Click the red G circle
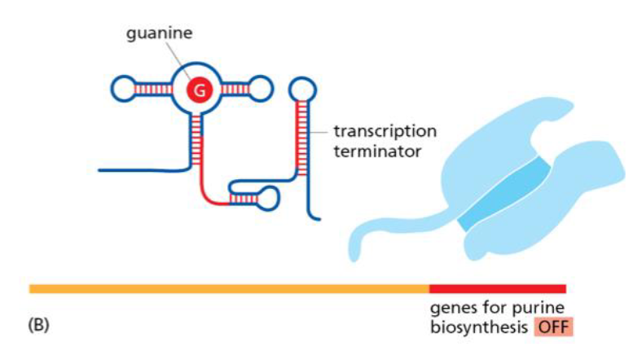[198, 89]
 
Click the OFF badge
[553, 327]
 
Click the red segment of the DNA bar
[497, 288]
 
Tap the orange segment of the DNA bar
[228, 288]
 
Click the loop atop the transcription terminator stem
[303, 86]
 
